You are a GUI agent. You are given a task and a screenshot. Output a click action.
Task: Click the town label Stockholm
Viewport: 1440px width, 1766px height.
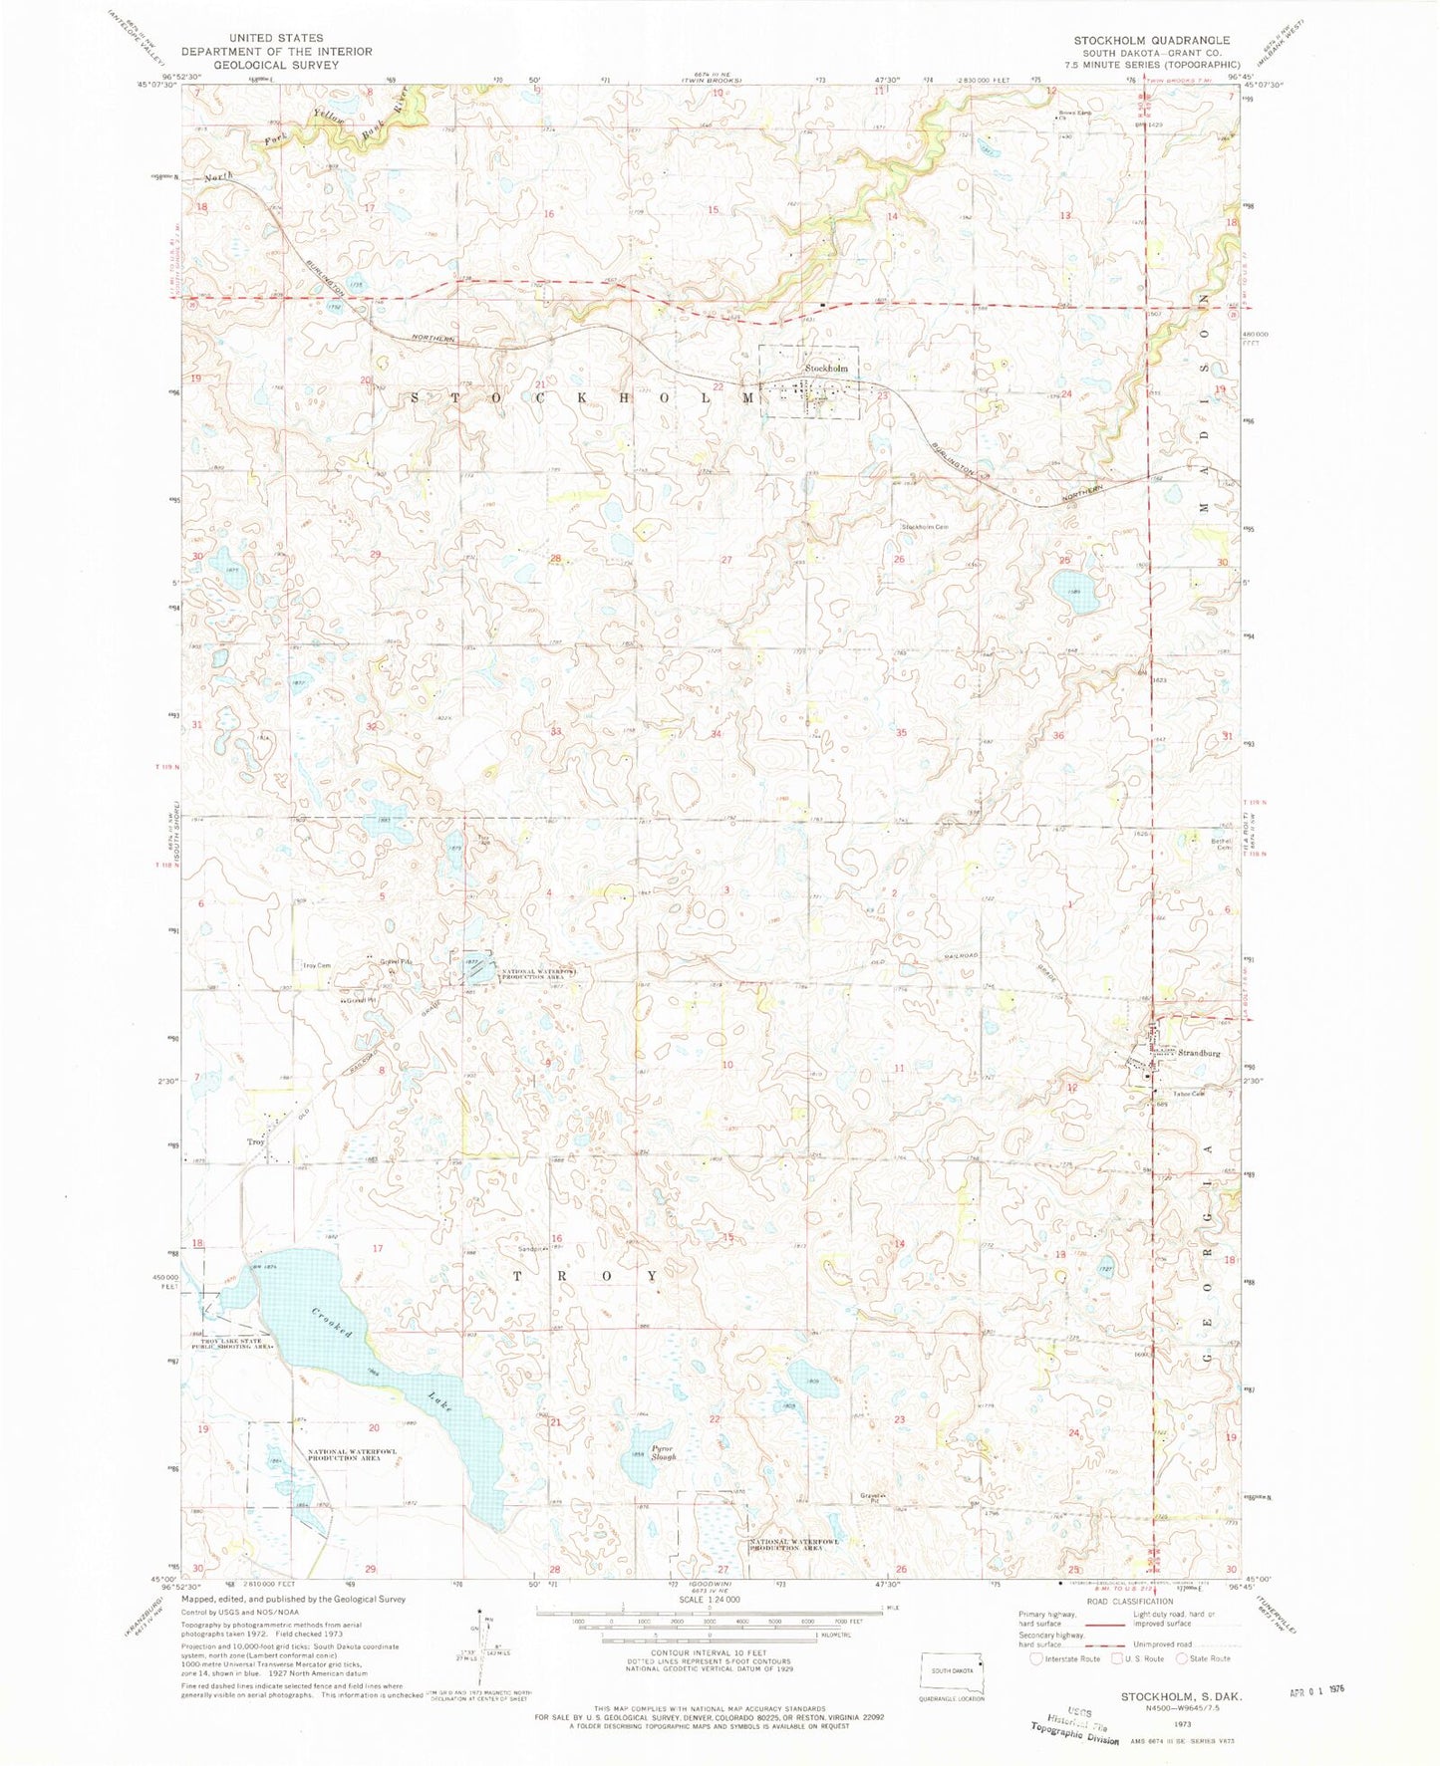pyautogui.click(x=826, y=369)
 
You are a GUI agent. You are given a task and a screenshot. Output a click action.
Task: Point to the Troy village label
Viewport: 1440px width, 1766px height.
pyautogui.click(x=256, y=1142)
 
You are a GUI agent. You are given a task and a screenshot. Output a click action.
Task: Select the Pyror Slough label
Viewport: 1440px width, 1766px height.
pyautogui.click(x=664, y=1452)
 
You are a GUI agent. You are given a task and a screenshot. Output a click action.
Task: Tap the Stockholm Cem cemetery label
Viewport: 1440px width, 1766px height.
pyautogui.click(x=925, y=526)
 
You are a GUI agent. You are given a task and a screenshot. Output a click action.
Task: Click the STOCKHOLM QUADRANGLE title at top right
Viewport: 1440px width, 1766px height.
pyautogui.click(x=1151, y=40)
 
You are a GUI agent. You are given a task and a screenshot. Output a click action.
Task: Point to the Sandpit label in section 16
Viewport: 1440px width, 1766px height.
pyautogui.click(x=530, y=1248)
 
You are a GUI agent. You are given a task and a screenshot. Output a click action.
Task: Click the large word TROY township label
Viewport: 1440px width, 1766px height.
pyautogui.click(x=585, y=1276)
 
